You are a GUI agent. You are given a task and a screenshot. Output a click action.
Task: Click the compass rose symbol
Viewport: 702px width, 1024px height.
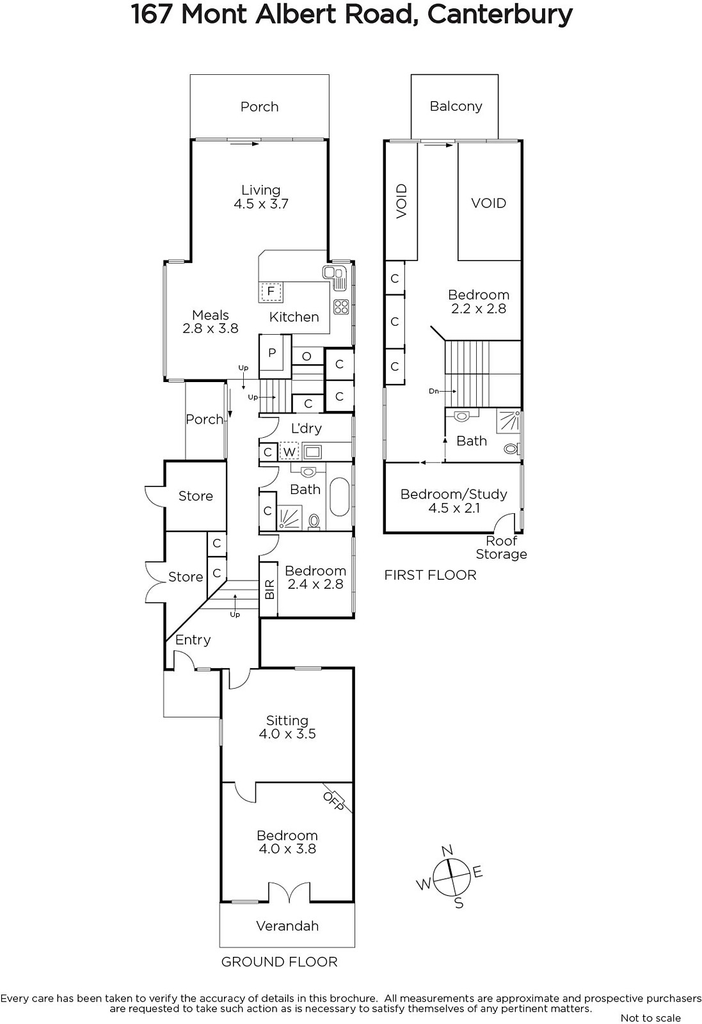(451, 877)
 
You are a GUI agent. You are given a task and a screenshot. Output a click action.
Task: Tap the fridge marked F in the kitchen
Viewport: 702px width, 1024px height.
(271, 292)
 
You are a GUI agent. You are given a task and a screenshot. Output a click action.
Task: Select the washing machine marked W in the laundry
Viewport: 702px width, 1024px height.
(289, 452)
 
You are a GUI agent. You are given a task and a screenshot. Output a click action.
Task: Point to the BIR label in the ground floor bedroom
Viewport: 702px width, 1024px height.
(269, 589)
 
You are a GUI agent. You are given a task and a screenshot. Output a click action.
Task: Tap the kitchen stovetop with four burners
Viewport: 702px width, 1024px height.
(341, 307)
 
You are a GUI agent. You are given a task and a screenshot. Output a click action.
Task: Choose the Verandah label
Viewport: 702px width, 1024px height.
(287, 925)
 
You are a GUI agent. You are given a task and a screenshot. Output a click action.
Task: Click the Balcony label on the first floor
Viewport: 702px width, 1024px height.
(456, 106)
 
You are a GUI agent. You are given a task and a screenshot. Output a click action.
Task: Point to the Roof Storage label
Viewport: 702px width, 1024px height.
(501, 547)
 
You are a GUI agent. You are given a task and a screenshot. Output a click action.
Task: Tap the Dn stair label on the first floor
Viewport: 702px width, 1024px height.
(434, 391)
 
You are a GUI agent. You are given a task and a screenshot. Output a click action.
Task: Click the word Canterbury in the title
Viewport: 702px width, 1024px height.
(500, 15)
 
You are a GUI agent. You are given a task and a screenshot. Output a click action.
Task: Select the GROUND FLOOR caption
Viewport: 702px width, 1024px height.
(279, 962)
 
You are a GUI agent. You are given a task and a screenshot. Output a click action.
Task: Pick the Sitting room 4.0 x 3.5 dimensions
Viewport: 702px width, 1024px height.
(287, 733)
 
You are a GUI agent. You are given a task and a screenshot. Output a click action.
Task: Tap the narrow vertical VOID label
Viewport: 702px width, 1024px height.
(401, 201)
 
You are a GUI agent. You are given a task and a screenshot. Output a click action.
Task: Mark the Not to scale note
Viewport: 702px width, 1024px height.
(650, 1018)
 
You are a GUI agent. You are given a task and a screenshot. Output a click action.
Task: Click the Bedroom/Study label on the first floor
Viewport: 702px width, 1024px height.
(454, 494)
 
